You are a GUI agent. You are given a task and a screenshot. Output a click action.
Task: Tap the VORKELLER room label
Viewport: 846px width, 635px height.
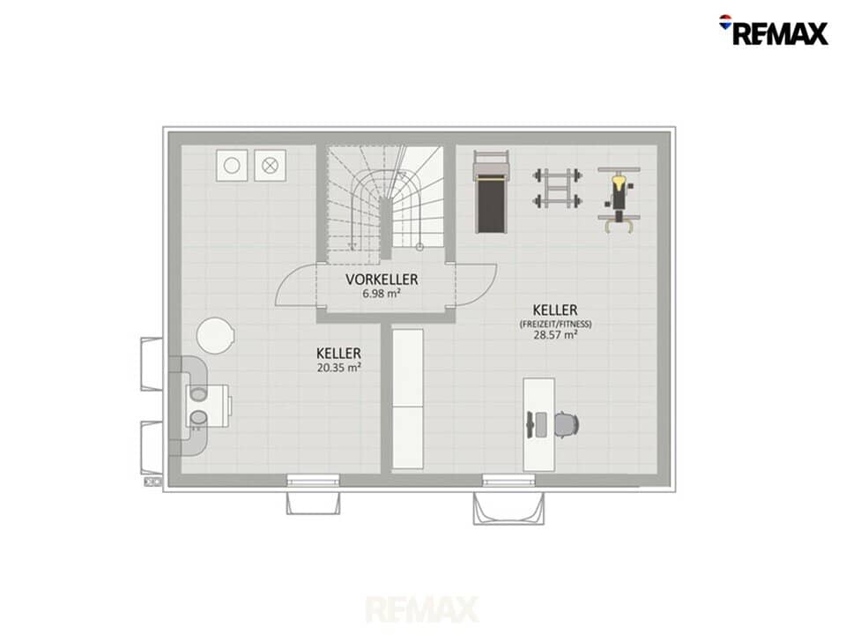(x=382, y=280)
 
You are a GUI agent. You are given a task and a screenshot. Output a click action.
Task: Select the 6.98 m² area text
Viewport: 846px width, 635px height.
(x=382, y=294)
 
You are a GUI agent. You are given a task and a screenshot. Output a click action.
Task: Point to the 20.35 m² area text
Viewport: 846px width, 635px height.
(x=338, y=368)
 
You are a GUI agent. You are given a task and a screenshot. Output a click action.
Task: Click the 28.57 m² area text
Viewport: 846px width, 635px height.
(x=556, y=335)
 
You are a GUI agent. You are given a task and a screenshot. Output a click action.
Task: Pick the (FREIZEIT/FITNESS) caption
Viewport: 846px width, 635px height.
(x=556, y=324)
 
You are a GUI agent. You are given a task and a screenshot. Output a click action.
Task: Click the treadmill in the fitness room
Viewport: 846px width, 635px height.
(x=492, y=192)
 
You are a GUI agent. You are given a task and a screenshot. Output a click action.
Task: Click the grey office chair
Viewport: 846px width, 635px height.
(x=567, y=424)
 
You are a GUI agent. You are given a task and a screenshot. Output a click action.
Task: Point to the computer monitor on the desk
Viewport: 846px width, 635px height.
(x=531, y=424)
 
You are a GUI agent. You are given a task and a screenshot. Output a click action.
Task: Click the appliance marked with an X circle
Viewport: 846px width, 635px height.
(x=270, y=165)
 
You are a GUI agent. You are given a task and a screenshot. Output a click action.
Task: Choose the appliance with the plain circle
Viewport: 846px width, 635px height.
(x=232, y=165)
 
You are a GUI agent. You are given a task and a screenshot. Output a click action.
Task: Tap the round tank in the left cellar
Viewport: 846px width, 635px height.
(x=215, y=335)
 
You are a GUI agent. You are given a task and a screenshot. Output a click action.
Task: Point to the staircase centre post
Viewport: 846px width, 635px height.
(x=385, y=228)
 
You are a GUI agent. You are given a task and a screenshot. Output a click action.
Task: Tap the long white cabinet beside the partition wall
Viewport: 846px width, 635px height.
(x=407, y=399)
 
